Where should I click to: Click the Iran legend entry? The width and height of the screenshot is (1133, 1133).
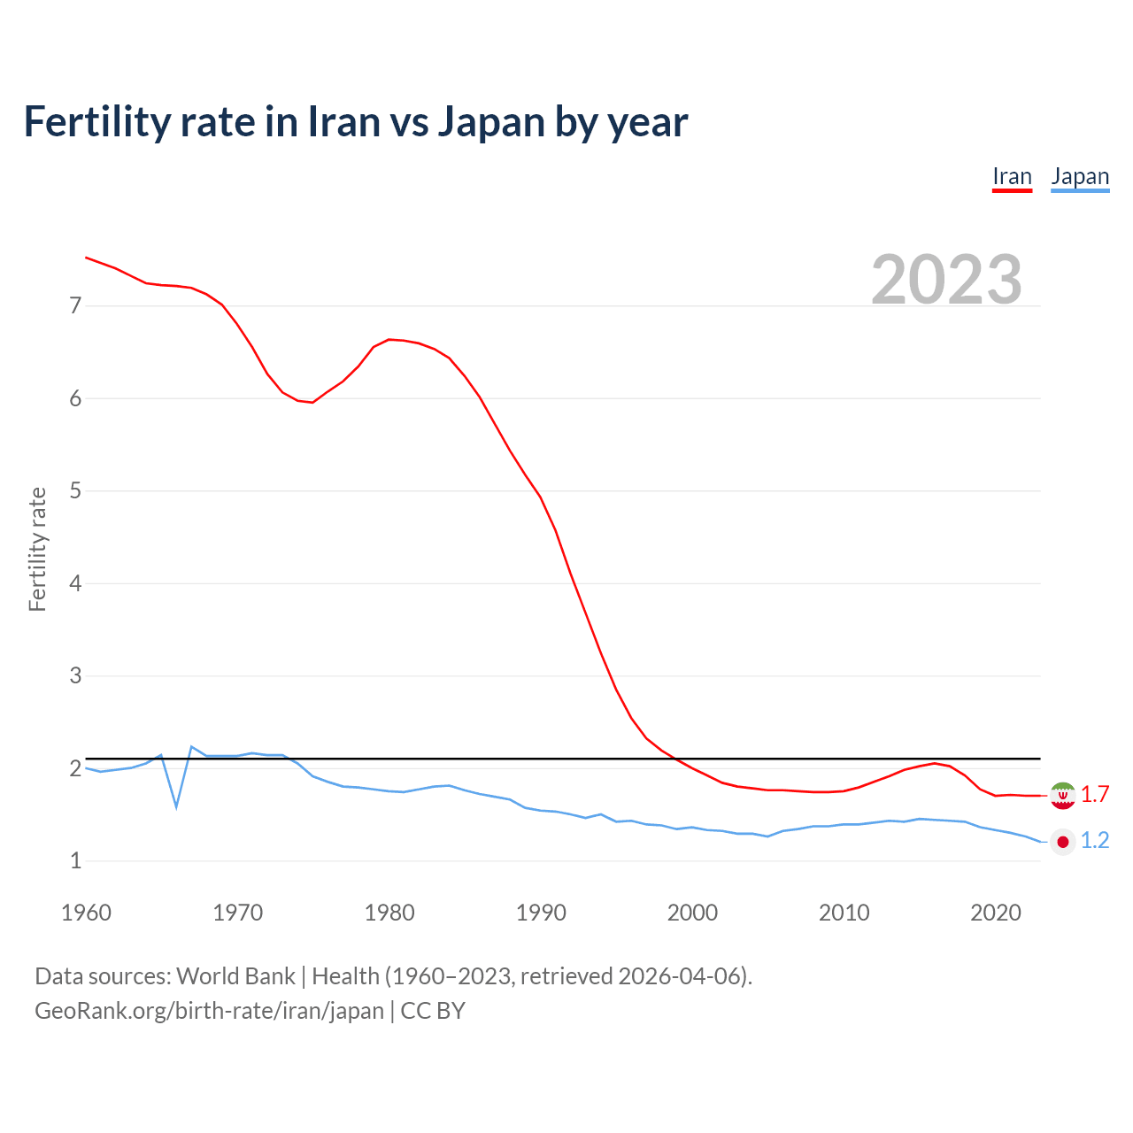pyautogui.click(x=1012, y=177)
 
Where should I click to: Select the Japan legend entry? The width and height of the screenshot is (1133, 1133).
pyautogui.click(x=1080, y=177)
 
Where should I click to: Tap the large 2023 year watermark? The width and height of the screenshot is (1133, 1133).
pyautogui.click(x=946, y=280)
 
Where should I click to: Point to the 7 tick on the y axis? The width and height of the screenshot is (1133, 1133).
pyautogui.click(x=75, y=306)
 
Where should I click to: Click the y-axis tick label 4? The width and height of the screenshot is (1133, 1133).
pyautogui.click(x=75, y=583)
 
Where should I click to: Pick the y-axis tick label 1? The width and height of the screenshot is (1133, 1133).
pyautogui.click(x=75, y=860)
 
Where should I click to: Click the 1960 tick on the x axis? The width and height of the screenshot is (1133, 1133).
pyautogui.click(x=86, y=913)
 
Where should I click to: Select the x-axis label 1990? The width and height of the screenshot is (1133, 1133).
pyautogui.click(x=541, y=913)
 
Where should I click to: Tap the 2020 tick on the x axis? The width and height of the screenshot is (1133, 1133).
pyautogui.click(x=996, y=913)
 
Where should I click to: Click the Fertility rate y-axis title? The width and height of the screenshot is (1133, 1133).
pyautogui.click(x=37, y=549)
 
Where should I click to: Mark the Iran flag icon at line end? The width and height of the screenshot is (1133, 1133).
pyautogui.click(x=1062, y=795)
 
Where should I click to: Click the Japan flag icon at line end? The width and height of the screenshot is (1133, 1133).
pyautogui.click(x=1062, y=842)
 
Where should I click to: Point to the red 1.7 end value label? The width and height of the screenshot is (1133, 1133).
pyautogui.click(x=1095, y=795)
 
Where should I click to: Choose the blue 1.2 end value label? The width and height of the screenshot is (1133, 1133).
pyautogui.click(x=1095, y=841)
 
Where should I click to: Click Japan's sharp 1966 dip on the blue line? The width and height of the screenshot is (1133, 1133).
pyautogui.click(x=176, y=806)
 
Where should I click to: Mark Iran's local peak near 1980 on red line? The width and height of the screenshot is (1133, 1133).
pyautogui.click(x=389, y=340)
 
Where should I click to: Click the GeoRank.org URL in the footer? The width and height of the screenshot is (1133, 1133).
pyautogui.click(x=209, y=1011)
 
